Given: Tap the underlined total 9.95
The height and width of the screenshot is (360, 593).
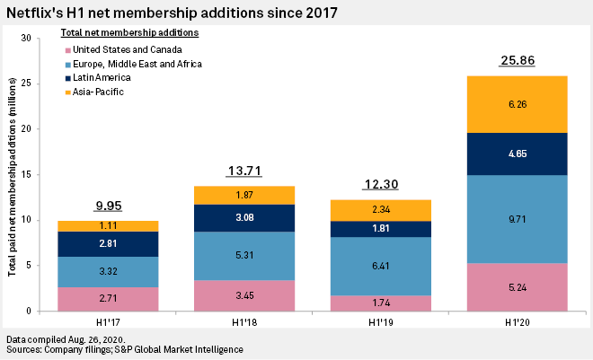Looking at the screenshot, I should click(x=108, y=206).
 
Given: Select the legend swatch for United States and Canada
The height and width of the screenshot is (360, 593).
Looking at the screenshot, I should click(x=66, y=49).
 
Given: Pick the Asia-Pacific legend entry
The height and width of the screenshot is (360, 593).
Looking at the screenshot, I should click(x=97, y=92).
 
